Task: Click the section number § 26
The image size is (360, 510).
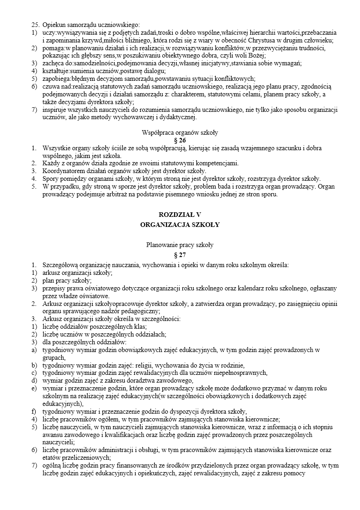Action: coord(180,140)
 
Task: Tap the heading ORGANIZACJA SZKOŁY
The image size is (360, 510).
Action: coord(180,225)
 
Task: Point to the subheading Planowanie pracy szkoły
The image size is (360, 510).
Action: coord(180,245)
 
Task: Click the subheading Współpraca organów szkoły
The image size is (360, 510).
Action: coord(180,132)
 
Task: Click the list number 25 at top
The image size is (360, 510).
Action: coord(35,25)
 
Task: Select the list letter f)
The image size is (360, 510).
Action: coord(34,411)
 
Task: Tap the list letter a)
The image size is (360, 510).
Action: coord(34,350)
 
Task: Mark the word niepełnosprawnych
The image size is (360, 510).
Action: coord(241,373)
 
